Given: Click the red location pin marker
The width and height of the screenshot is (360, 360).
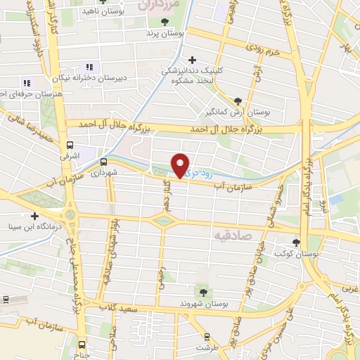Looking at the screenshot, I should click(x=181, y=165).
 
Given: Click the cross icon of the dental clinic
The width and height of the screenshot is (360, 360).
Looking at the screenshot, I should click(x=191, y=60).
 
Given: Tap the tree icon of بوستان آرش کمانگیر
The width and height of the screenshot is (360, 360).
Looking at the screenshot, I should click(x=238, y=101).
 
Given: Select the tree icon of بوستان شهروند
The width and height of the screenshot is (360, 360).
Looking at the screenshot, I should click(x=203, y=291).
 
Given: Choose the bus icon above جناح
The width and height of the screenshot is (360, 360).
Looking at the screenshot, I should click(x=82, y=345).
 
